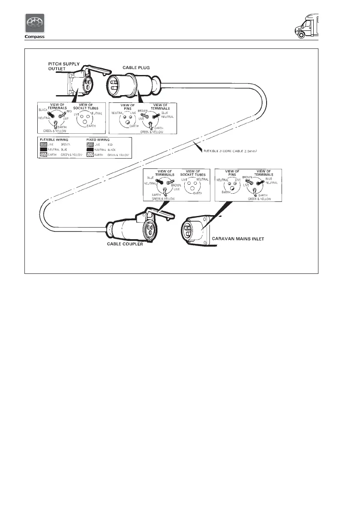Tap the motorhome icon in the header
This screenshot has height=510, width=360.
[x=307, y=27]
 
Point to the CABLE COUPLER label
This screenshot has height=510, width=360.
[x=125, y=245]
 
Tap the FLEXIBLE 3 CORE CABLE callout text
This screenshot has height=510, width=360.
[x=232, y=151]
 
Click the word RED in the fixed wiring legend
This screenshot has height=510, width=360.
[x=110, y=145]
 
